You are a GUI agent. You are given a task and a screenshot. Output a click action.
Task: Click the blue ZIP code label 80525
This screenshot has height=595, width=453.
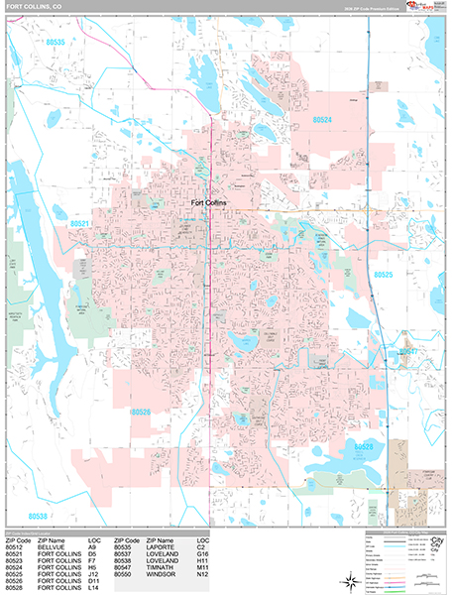(383, 274)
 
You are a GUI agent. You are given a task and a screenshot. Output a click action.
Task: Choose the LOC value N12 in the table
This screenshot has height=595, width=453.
(203, 574)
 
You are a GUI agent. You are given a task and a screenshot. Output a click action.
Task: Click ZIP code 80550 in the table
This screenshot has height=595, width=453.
(124, 574)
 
